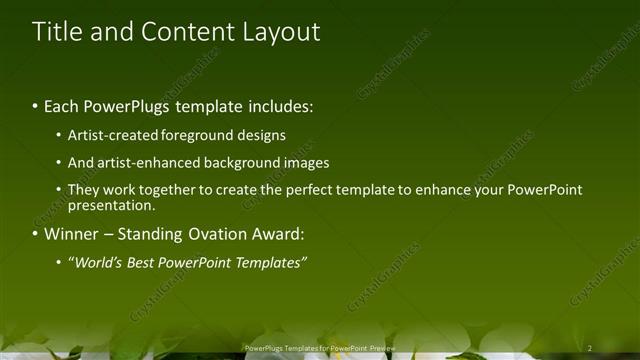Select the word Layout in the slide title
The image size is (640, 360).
click(281, 32)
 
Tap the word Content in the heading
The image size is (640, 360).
click(185, 32)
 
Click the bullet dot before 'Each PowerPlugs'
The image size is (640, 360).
click(37, 104)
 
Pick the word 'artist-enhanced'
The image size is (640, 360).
click(147, 162)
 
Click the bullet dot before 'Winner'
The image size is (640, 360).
click(37, 235)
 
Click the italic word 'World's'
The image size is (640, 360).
click(97, 263)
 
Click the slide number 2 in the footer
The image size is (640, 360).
click(590, 348)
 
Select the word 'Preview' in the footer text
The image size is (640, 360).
click(381, 348)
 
